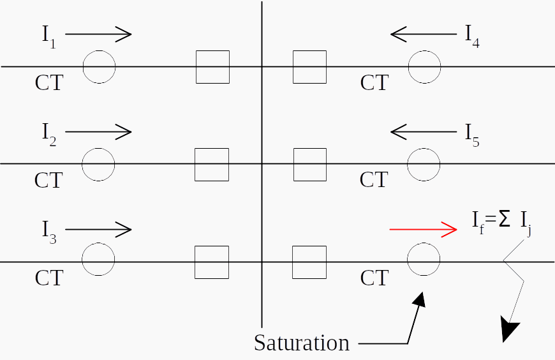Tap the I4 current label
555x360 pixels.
[x=472, y=36]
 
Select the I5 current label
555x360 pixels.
[x=472, y=135]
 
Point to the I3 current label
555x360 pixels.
[x=49, y=232]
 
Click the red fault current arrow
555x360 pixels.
[x=424, y=229]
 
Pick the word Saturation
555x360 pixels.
[x=302, y=343]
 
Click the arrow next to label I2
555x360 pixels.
[x=98, y=132]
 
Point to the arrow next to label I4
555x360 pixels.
[x=424, y=34]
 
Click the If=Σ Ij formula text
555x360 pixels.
[x=502, y=223]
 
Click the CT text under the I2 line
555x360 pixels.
[x=49, y=181]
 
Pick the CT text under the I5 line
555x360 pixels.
[x=374, y=179]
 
